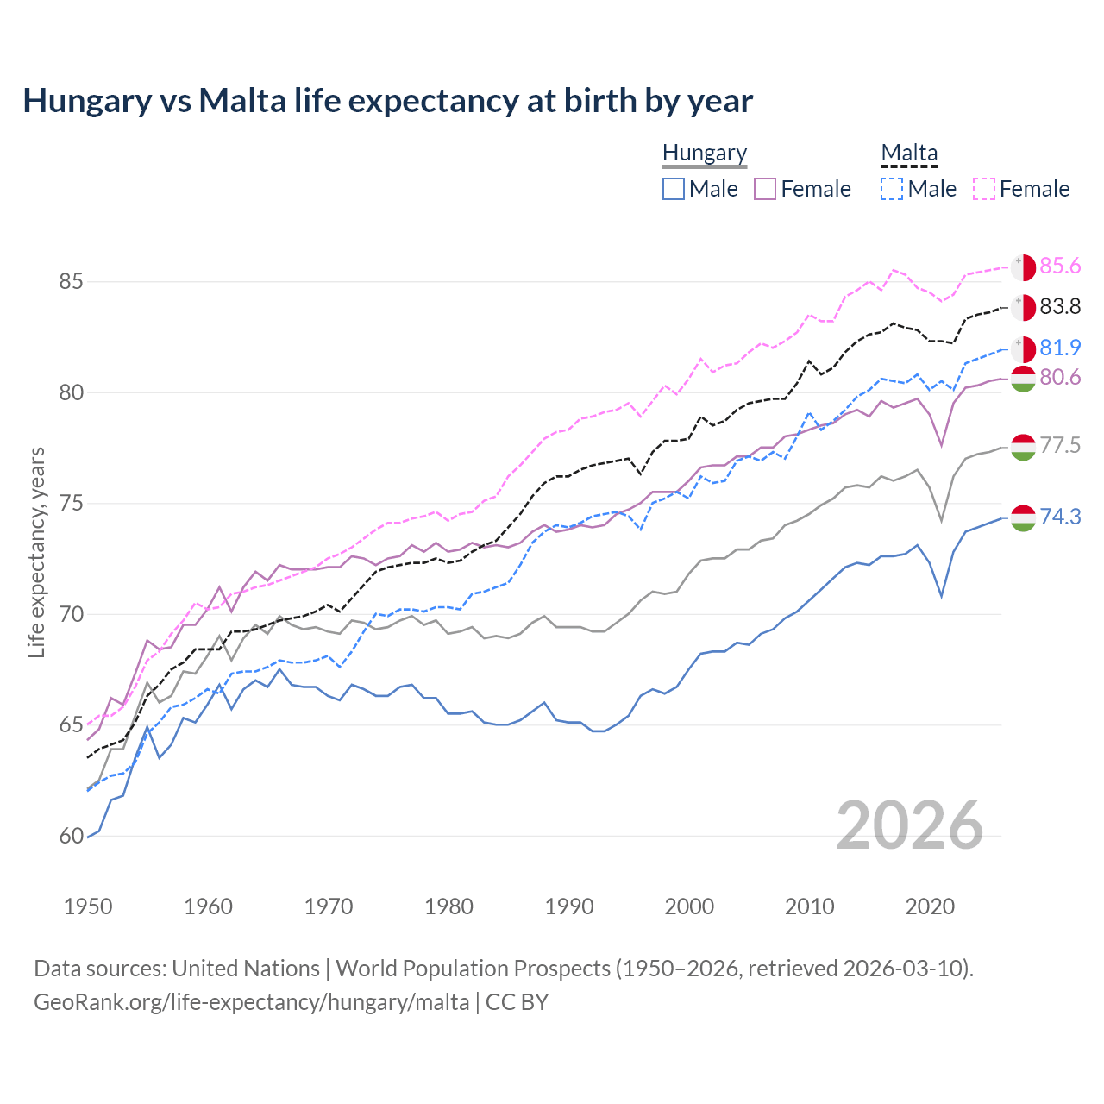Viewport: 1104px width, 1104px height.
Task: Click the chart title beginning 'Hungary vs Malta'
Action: (x=387, y=101)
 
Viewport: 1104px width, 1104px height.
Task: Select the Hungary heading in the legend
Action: (x=704, y=153)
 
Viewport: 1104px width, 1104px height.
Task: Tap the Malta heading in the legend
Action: (x=908, y=153)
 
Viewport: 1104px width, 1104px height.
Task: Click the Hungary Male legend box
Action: (x=674, y=189)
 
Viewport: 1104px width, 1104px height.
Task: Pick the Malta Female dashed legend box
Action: (x=984, y=189)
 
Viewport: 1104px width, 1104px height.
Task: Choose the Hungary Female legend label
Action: (x=815, y=189)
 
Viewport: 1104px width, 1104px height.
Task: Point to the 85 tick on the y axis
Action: (x=72, y=282)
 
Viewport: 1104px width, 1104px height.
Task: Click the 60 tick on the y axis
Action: (x=72, y=836)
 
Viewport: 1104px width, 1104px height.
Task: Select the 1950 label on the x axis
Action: (x=88, y=906)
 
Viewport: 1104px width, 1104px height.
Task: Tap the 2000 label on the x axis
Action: (x=689, y=906)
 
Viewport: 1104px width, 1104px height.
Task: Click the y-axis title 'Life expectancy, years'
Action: (x=36, y=552)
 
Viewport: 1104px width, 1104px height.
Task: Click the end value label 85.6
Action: (x=1060, y=266)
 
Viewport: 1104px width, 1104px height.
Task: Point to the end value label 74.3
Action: (x=1060, y=517)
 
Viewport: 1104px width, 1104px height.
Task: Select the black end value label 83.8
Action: (x=1060, y=306)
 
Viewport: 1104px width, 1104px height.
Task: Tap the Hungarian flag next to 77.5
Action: (x=1023, y=447)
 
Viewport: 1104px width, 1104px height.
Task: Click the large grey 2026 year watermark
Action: (x=909, y=825)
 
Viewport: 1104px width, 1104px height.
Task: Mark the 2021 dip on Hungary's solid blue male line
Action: (x=942, y=596)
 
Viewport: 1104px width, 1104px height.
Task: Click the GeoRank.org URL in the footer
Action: (x=251, y=1002)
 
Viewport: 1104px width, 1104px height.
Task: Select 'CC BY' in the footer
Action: (x=517, y=1002)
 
